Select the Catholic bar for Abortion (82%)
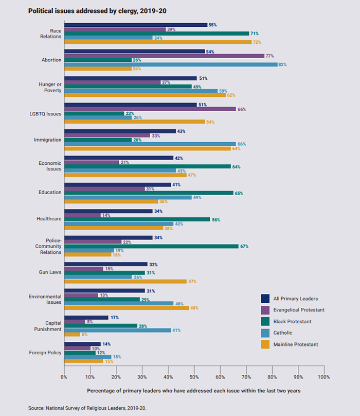tap(170, 64)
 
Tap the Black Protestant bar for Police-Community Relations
tap(151, 246)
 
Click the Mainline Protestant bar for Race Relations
tap(157, 42)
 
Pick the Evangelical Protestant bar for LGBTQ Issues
tap(150, 109)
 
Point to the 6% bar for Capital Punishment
tap(71, 334)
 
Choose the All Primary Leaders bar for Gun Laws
tap(105, 264)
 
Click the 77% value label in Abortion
tap(269, 56)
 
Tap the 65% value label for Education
tap(239, 193)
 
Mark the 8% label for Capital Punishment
tap(89, 321)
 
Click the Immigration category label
tap(47, 140)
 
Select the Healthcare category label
tap(49, 219)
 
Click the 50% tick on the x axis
tap(194, 377)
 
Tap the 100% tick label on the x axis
tap(324, 377)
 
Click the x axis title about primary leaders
tap(193, 391)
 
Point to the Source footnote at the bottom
tap(84, 407)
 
